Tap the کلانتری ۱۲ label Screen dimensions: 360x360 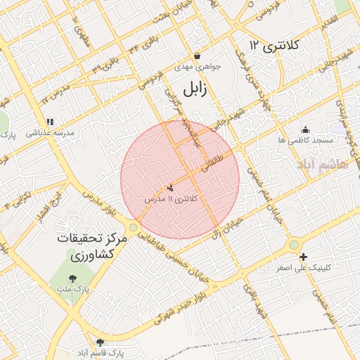(274, 46)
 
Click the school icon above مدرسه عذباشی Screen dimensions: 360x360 (50, 122)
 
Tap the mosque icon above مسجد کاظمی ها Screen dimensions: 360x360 (305, 129)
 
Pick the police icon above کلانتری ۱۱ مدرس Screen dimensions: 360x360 (170, 188)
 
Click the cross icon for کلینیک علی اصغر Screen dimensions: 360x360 (303, 257)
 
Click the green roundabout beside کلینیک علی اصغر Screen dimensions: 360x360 (293, 245)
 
